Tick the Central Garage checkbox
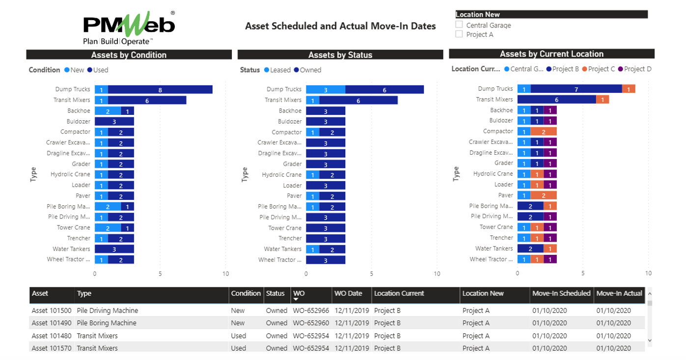coord(459,25)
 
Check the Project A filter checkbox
coord(459,34)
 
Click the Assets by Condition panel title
coord(129,55)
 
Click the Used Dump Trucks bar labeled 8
coord(160,89)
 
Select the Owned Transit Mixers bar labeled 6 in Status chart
coord(358,100)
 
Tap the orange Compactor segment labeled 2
coord(543,132)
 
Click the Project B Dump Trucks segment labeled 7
coord(576,89)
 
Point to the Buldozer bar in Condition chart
coord(114,121)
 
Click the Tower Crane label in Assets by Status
coord(285,228)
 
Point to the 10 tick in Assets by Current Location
coord(648,273)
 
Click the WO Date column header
coord(348,294)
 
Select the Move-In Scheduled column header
coord(561,294)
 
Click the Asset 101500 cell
coord(52,310)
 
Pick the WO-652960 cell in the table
coord(311,323)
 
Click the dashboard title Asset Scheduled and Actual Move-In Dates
coord(340,26)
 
